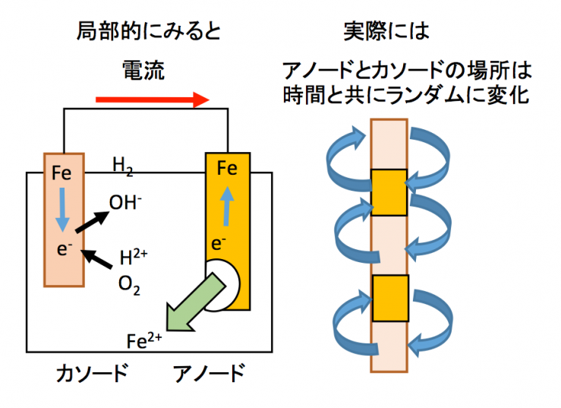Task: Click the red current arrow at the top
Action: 152,100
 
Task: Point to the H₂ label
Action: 122,165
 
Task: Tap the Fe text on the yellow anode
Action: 227,168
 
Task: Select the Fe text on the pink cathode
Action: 62,174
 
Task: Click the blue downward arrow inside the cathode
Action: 63,208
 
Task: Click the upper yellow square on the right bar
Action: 389,192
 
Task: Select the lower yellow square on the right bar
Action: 390,296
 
